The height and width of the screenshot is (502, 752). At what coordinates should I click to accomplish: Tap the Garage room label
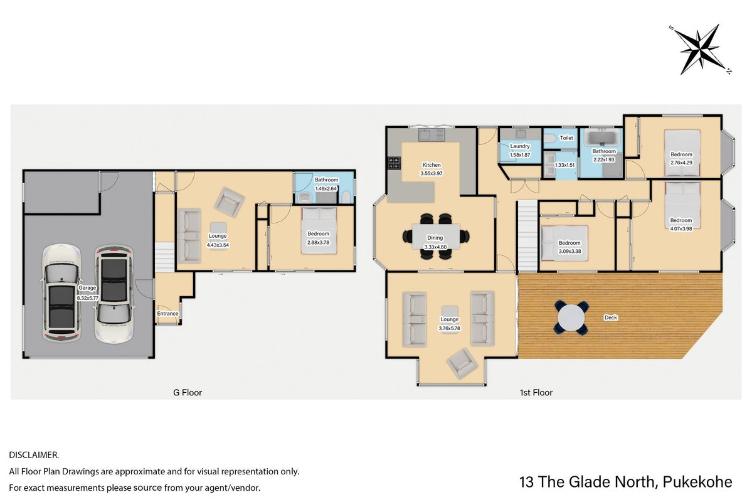pyautogui.click(x=87, y=288)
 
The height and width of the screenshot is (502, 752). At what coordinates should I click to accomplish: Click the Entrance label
pyautogui.click(x=168, y=313)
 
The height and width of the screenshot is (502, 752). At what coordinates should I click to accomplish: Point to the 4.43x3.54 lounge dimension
pyautogui.click(x=218, y=245)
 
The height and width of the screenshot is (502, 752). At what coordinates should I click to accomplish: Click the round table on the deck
pyautogui.click(x=571, y=318)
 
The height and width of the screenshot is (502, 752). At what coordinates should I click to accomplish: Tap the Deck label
pyautogui.click(x=610, y=318)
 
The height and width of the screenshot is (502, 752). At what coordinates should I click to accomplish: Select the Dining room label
pyautogui.click(x=435, y=238)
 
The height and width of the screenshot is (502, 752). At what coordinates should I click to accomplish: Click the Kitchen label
pyautogui.click(x=432, y=164)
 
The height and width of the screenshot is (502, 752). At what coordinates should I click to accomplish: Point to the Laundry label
pyautogui.click(x=520, y=146)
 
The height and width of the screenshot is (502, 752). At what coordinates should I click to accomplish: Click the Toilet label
pyautogui.click(x=566, y=138)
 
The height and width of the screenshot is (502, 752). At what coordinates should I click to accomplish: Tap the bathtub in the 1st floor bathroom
pyautogui.click(x=603, y=137)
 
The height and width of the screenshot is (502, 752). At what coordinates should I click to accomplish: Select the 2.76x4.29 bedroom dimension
pyautogui.click(x=682, y=163)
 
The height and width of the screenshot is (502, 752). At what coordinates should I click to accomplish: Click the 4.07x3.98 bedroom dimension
pyautogui.click(x=681, y=228)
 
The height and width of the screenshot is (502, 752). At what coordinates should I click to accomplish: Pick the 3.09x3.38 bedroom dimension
pyautogui.click(x=569, y=251)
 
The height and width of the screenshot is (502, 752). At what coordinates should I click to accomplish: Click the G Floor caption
pyautogui.click(x=188, y=393)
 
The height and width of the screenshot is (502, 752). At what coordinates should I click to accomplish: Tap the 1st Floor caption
pyautogui.click(x=536, y=393)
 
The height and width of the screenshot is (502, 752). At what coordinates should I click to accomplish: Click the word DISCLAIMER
pyautogui.click(x=34, y=455)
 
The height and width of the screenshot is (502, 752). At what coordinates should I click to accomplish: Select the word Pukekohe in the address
pyautogui.click(x=697, y=482)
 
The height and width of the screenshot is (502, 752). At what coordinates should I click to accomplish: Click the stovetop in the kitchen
pyautogui.click(x=395, y=163)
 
